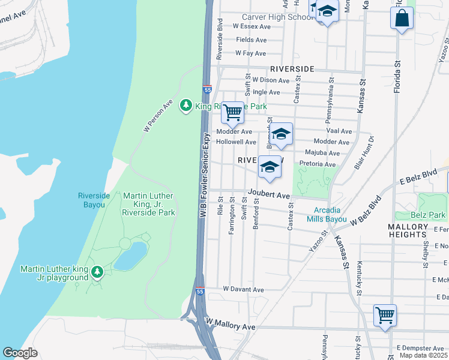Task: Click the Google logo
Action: (x=20, y=352)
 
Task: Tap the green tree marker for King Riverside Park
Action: (x=186, y=106)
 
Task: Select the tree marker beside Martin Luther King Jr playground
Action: (x=97, y=273)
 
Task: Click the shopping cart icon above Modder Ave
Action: (x=232, y=112)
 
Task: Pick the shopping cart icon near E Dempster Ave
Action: (x=384, y=315)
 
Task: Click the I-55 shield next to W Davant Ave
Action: (x=199, y=291)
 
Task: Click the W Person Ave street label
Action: (x=158, y=115)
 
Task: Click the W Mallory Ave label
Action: (x=231, y=326)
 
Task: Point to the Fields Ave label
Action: (x=251, y=40)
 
